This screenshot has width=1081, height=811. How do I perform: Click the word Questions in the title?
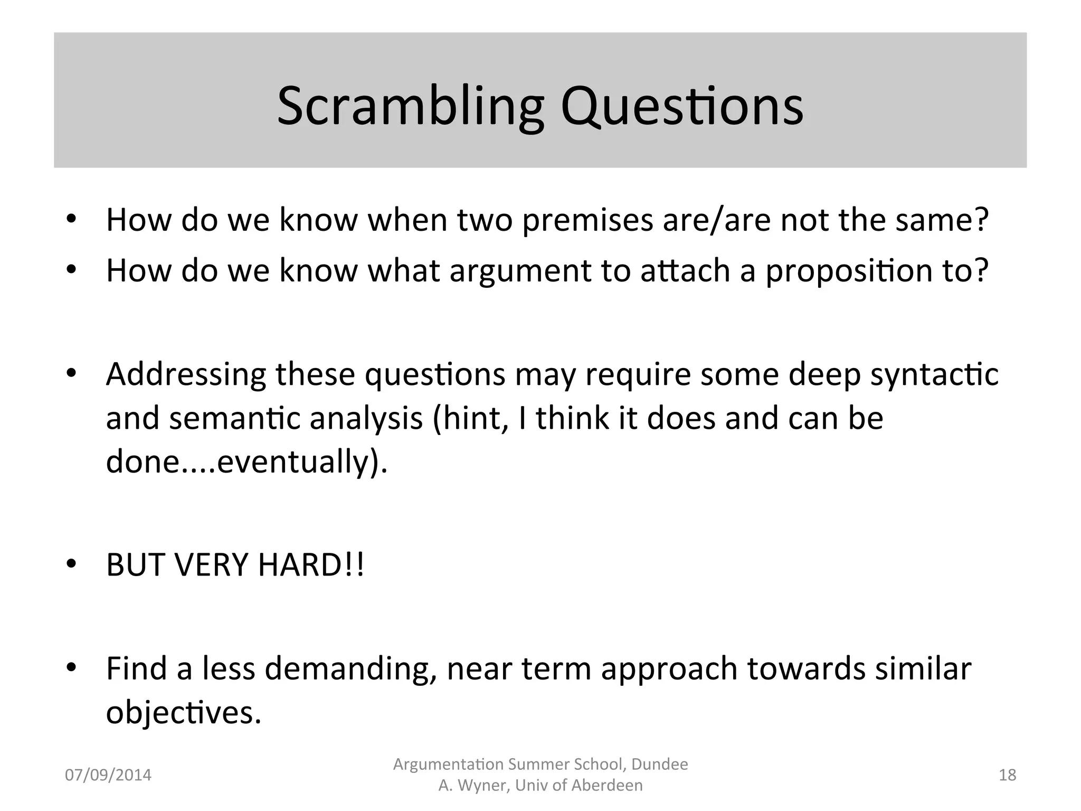(x=682, y=107)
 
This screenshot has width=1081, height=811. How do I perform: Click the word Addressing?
(x=186, y=374)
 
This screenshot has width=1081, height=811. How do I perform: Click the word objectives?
(x=183, y=713)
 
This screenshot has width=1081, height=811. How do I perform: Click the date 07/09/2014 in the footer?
(x=108, y=775)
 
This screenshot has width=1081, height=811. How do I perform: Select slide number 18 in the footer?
(x=1007, y=775)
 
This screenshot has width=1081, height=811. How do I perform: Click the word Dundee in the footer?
(x=659, y=765)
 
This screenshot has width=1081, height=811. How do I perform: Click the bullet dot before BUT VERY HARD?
(x=72, y=565)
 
